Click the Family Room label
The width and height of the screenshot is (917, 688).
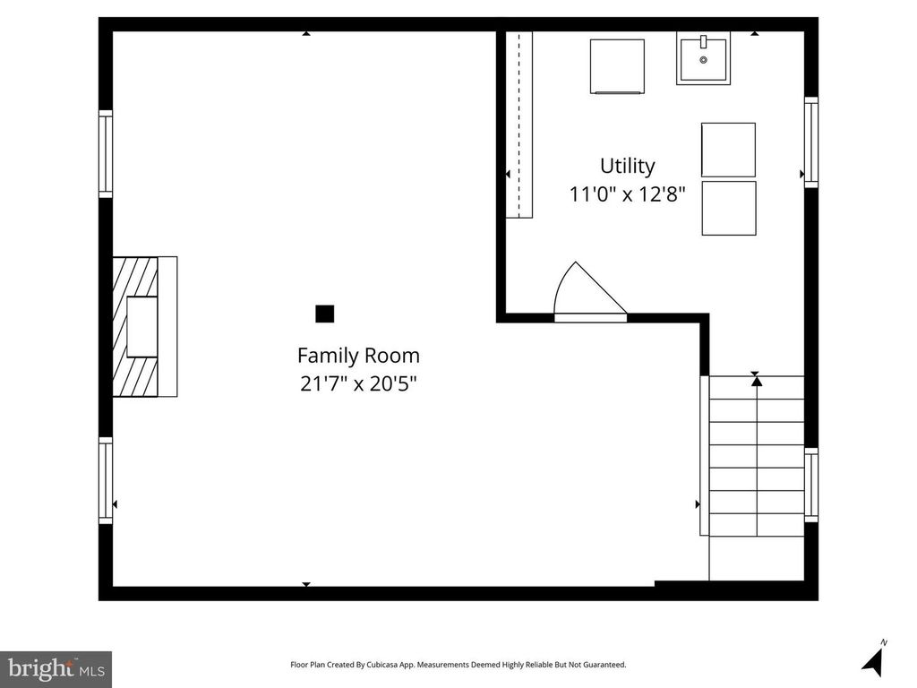pyautogui.click(x=358, y=355)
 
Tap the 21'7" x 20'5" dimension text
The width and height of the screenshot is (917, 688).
pyautogui.click(x=358, y=383)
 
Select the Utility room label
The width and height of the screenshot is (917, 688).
pyautogui.click(x=628, y=166)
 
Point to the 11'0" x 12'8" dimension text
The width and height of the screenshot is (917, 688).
pyautogui.click(x=628, y=193)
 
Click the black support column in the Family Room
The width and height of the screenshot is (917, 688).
pyautogui.click(x=324, y=314)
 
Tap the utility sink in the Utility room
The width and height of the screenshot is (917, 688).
pyautogui.click(x=704, y=58)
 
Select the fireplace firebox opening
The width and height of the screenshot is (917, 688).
pyautogui.click(x=142, y=326)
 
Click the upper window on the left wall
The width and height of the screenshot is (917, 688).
pyautogui.click(x=106, y=154)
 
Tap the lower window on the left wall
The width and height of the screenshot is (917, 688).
pyautogui.click(x=106, y=480)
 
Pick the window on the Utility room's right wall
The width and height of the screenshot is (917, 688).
pyautogui.click(x=811, y=142)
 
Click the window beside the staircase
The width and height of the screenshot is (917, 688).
pyautogui.click(x=811, y=485)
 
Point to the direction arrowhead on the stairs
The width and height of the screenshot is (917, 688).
pyautogui.click(x=757, y=381)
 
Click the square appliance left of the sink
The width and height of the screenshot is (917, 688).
pyautogui.click(x=617, y=66)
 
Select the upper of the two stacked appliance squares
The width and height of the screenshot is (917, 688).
pyautogui.click(x=729, y=150)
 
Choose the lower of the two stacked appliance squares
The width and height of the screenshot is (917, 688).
pyautogui.click(x=729, y=208)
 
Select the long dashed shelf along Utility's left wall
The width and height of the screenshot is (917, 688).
pyautogui.click(x=518, y=125)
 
